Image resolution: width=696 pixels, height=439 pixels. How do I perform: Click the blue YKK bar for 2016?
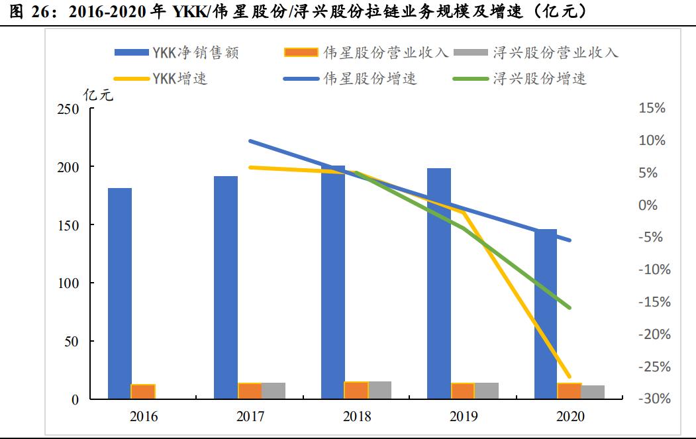coord(120,293)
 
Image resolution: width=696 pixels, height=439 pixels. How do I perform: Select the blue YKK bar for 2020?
coord(546,314)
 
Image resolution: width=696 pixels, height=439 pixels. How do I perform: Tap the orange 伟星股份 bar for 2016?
coord(143,391)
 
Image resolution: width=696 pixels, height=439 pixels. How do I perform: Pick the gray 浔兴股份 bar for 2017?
coord(273,391)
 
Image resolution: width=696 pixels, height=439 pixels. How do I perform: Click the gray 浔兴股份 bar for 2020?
coord(593,392)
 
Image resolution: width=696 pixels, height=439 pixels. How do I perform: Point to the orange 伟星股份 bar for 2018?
coord(356,390)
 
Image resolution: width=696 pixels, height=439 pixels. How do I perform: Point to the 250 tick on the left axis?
coord(68,109)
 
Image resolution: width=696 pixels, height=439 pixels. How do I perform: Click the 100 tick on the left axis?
coord(68,283)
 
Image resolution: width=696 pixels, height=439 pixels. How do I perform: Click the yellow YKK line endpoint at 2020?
coord(569,376)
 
